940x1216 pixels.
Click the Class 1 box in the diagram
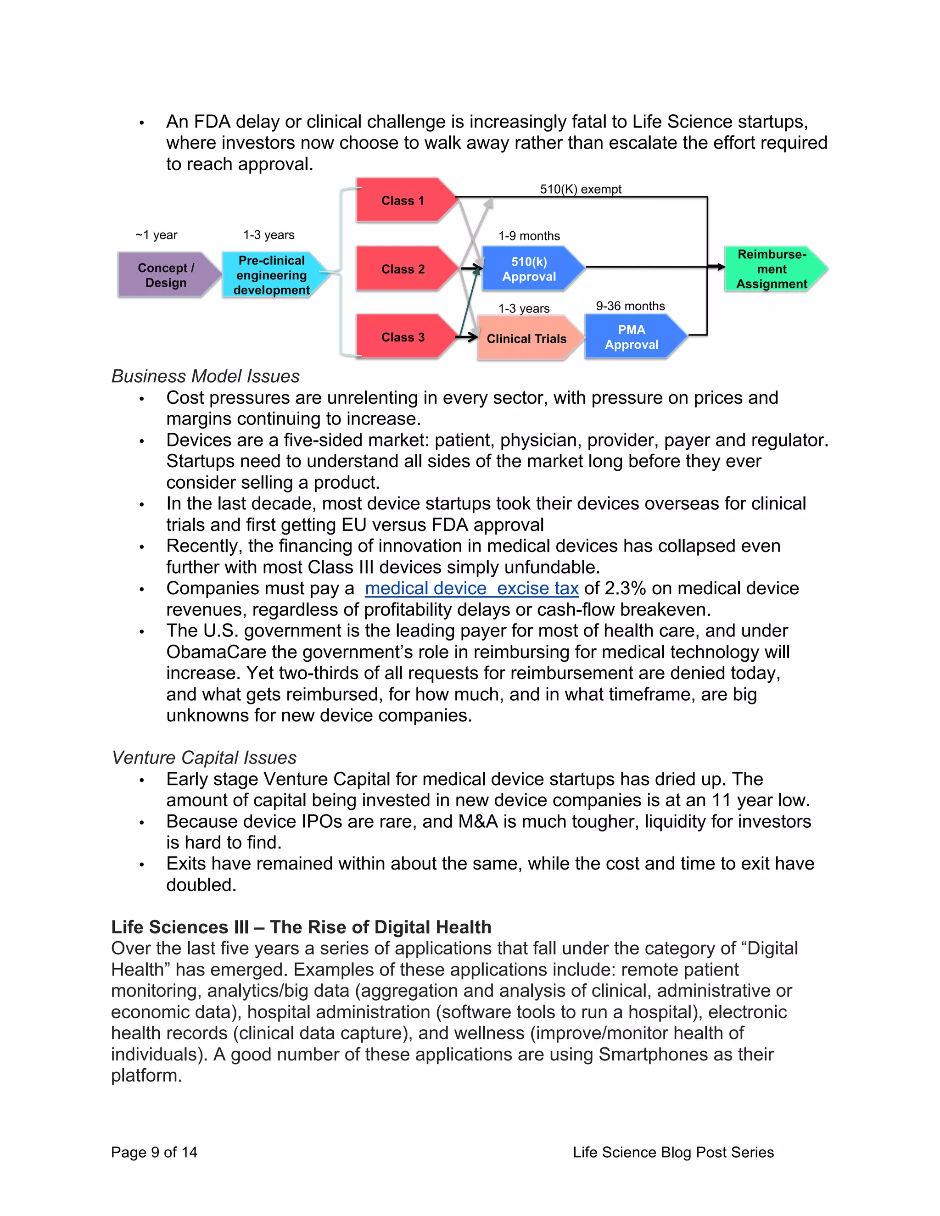(x=403, y=201)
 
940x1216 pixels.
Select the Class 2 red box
(x=403, y=269)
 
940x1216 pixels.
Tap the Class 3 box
(x=403, y=337)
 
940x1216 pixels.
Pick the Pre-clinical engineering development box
(x=271, y=275)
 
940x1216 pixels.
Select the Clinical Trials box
(x=526, y=339)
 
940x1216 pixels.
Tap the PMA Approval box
(x=632, y=337)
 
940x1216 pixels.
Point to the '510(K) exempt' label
(x=580, y=190)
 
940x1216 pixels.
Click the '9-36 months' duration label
(x=630, y=306)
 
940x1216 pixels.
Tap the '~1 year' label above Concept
(x=156, y=235)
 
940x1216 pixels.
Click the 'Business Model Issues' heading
(x=206, y=376)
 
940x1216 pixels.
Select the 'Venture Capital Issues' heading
(x=204, y=758)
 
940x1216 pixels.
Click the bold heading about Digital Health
(x=301, y=927)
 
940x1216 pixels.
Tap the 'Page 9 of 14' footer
(x=154, y=1152)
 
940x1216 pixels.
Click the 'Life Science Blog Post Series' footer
(x=673, y=1152)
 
